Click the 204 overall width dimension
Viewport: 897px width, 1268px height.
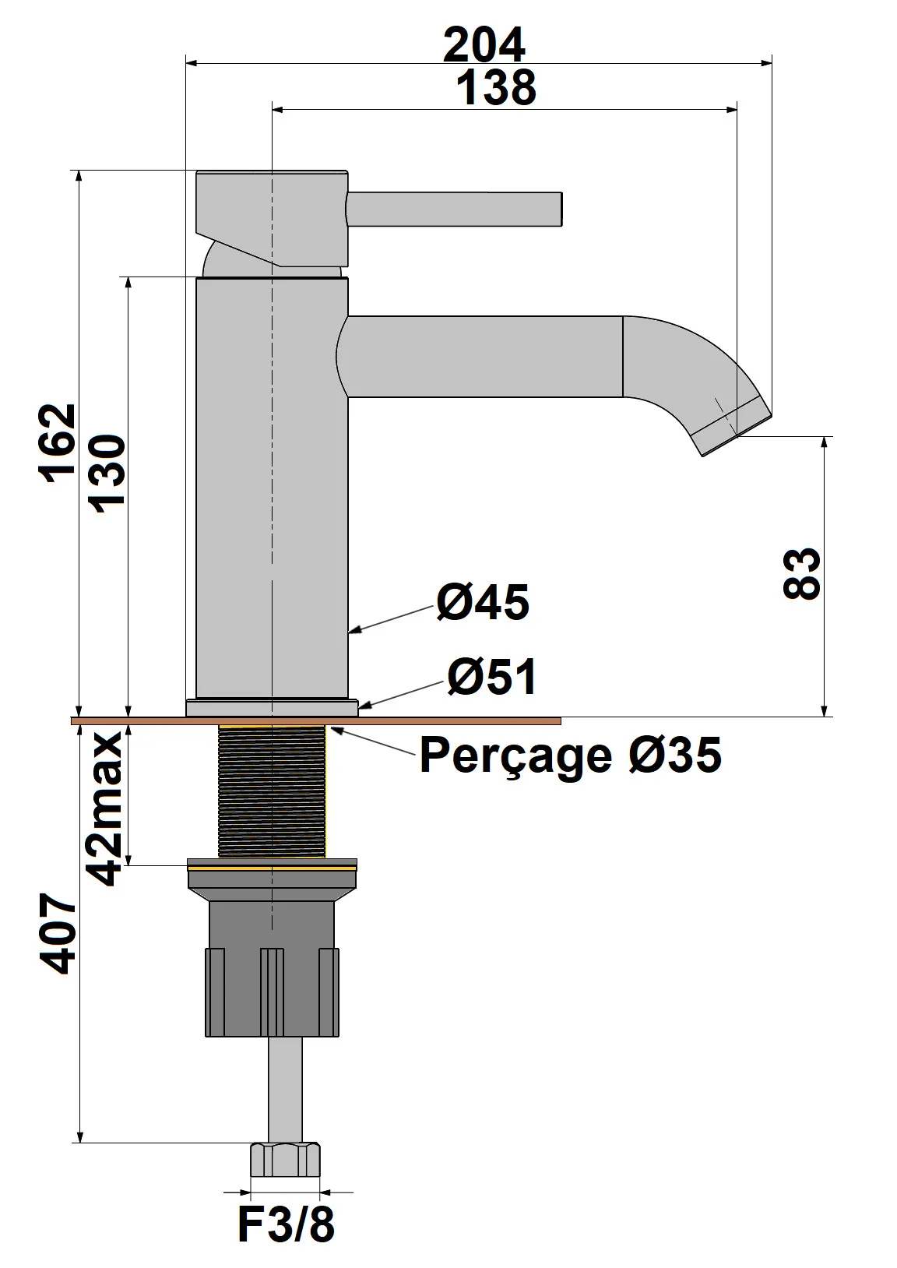(484, 45)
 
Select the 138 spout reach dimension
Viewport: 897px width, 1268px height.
(496, 87)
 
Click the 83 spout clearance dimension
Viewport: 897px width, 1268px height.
(802, 574)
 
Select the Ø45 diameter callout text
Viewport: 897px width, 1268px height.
(483, 602)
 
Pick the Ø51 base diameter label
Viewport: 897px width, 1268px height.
(491, 676)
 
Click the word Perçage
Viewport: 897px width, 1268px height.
(515, 756)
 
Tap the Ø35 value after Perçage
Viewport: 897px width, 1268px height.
(675, 755)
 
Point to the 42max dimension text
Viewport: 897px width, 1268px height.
(105, 808)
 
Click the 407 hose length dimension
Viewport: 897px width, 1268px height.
(59, 934)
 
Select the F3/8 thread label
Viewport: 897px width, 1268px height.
(286, 1224)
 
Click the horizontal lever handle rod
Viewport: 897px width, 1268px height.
(454, 210)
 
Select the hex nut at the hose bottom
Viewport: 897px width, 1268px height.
(285, 1160)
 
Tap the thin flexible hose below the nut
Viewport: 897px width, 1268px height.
(285, 1089)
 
